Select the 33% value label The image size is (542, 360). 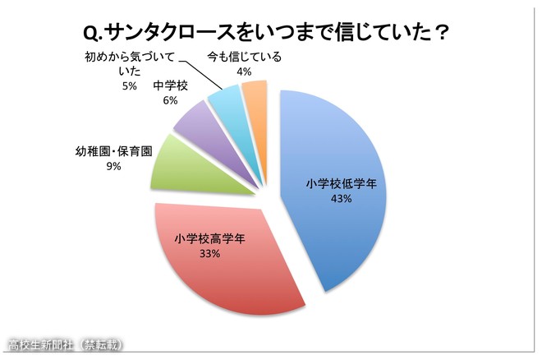point(209,254)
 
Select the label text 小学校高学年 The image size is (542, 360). point(209,240)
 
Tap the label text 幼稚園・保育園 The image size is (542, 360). point(113,152)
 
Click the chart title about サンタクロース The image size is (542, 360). point(270,31)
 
